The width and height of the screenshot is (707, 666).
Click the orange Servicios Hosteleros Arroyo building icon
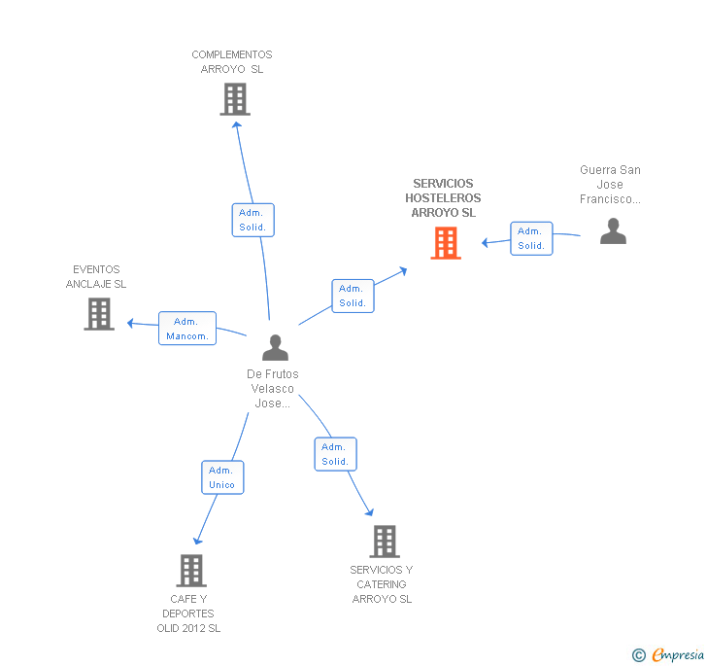click(x=446, y=243)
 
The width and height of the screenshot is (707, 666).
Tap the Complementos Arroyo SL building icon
click(x=234, y=99)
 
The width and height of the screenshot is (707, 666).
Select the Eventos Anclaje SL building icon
click(x=99, y=314)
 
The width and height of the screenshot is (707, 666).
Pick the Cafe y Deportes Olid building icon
click(x=191, y=571)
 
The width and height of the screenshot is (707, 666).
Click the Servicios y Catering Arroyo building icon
click(x=385, y=542)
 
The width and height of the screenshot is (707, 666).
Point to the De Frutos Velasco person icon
click(x=276, y=347)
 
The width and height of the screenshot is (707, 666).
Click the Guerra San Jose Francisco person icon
click(x=613, y=231)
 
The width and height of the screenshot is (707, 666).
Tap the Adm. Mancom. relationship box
click(x=187, y=329)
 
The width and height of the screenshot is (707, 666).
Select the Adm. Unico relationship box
click(x=221, y=477)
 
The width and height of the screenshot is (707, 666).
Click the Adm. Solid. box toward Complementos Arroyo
click(x=253, y=220)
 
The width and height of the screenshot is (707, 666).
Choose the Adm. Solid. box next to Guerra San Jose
click(x=531, y=238)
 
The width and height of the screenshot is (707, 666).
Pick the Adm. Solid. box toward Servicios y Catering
click(x=335, y=454)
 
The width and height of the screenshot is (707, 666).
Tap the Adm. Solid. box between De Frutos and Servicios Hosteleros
click(x=353, y=296)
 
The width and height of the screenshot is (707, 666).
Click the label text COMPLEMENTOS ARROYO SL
click(x=232, y=62)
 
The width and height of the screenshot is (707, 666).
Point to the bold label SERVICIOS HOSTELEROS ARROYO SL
click(x=443, y=197)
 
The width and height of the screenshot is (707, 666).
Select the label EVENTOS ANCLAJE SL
click(x=96, y=277)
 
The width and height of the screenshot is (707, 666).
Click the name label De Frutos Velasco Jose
click(x=273, y=389)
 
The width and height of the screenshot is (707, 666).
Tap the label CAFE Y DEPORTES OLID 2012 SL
click(x=188, y=613)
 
